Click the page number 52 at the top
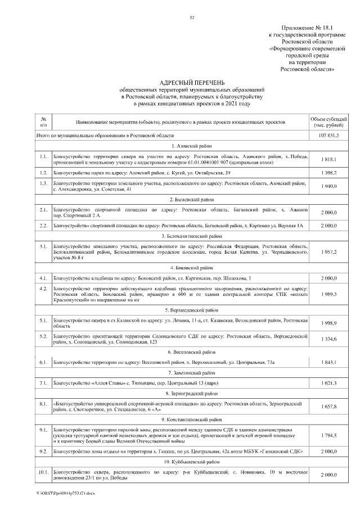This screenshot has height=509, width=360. (192, 17)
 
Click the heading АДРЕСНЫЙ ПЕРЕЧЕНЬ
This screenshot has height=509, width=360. (191, 82)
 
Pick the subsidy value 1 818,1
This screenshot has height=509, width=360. (328, 159)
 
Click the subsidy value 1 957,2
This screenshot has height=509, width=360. (328, 253)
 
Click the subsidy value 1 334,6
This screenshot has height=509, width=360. (328, 339)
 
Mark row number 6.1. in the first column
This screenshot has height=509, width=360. (43, 362)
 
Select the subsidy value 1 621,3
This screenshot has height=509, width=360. (328, 383)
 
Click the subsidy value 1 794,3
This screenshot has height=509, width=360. (328, 436)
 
